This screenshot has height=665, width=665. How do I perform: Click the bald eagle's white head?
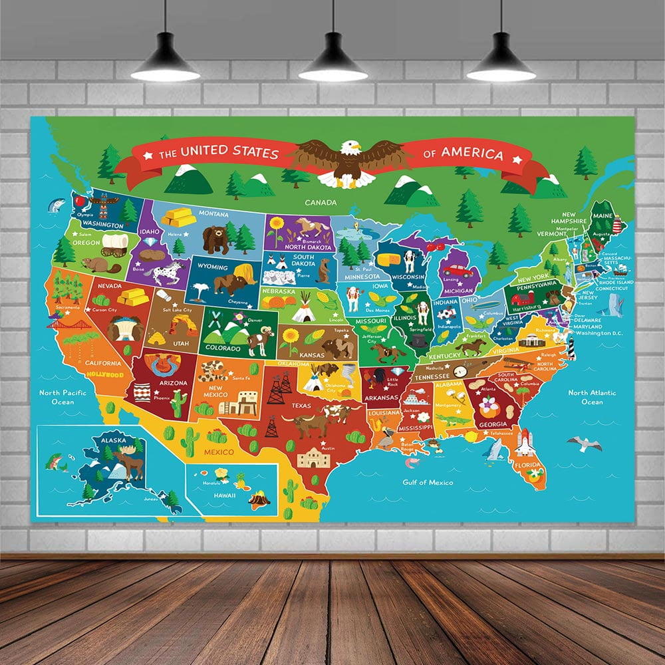(350, 147)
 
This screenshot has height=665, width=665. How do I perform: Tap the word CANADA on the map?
(321, 202)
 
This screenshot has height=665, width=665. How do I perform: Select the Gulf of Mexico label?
(428, 482)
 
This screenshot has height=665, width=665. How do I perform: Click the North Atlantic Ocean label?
(593, 397)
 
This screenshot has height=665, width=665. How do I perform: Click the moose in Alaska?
(129, 461)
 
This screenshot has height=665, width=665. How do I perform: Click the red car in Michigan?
(458, 271)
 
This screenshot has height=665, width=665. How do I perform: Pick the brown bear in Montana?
(215, 239)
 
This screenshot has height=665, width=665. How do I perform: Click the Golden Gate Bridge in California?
(69, 325)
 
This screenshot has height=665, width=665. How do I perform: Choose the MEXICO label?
(219, 452)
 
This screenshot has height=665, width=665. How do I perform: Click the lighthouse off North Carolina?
(570, 346)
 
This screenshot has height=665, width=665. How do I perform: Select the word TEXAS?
(301, 405)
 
